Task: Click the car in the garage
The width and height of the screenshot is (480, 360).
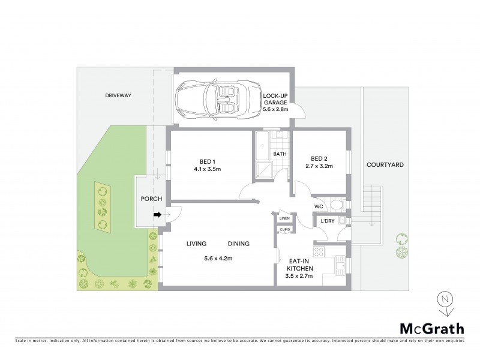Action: [214, 100]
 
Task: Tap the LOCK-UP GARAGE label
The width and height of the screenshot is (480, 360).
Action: [276, 102]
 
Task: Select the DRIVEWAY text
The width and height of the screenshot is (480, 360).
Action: [118, 95]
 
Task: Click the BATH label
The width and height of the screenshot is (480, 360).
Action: [280, 154]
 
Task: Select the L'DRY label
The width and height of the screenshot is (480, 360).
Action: [327, 221]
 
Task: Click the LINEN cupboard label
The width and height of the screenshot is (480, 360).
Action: [284, 218]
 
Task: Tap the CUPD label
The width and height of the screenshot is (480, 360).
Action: [284, 230]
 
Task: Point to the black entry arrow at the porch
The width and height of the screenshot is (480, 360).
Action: [157, 215]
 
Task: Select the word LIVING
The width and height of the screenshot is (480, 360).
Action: [196, 244]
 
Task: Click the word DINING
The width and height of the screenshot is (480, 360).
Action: [238, 244]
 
